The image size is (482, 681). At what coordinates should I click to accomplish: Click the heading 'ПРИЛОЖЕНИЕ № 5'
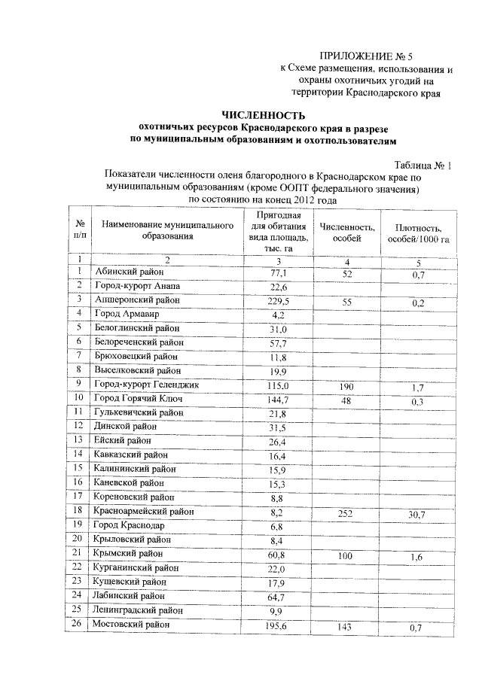pos(368,55)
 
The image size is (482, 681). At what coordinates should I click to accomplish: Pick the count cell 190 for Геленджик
pos(346,386)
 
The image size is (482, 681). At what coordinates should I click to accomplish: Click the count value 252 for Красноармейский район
pos(346,513)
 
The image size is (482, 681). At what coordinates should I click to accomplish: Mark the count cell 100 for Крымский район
pos(346,556)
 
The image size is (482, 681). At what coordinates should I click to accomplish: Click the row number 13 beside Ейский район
pos(79,441)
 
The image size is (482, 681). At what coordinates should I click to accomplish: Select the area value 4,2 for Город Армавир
pos(279,315)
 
